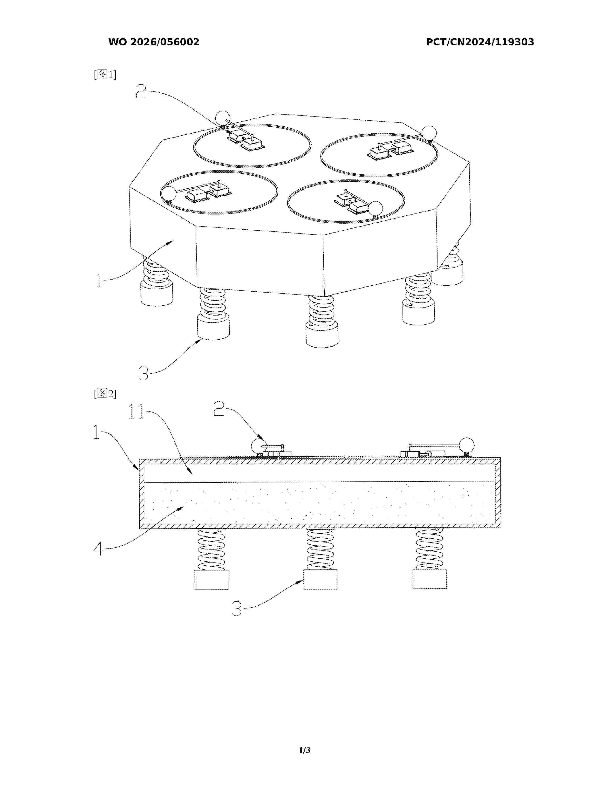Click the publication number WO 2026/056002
[154, 42]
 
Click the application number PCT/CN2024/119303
[480, 42]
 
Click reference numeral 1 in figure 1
[99, 280]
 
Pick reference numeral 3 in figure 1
[143, 373]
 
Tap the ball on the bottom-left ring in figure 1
[169, 193]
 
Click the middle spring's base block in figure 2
[320, 579]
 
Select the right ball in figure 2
[467, 445]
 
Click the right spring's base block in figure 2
[430, 579]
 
